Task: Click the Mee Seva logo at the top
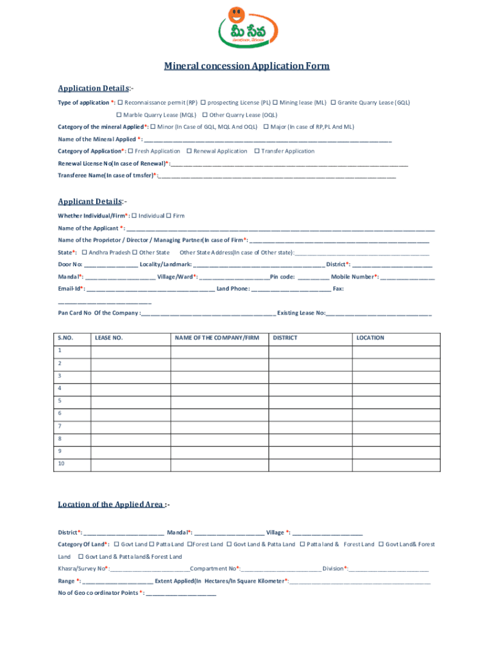click(x=247, y=32)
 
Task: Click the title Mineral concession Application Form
click(x=247, y=66)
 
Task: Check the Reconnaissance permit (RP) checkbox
click(x=120, y=102)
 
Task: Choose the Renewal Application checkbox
click(x=189, y=151)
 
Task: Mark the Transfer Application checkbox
click(x=257, y=151)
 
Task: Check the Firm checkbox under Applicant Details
click(x=169, y=216)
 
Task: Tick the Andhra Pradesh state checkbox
click(x=84, y=253)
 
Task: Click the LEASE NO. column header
click(x=108, y=337)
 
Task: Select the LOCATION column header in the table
click(x=370, y=337)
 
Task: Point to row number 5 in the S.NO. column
click(x=60, y=400)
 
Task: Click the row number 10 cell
click(x=61, y=463)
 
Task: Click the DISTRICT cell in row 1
click(x=310, y=351)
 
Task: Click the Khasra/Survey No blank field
click(x=150, y=569)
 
